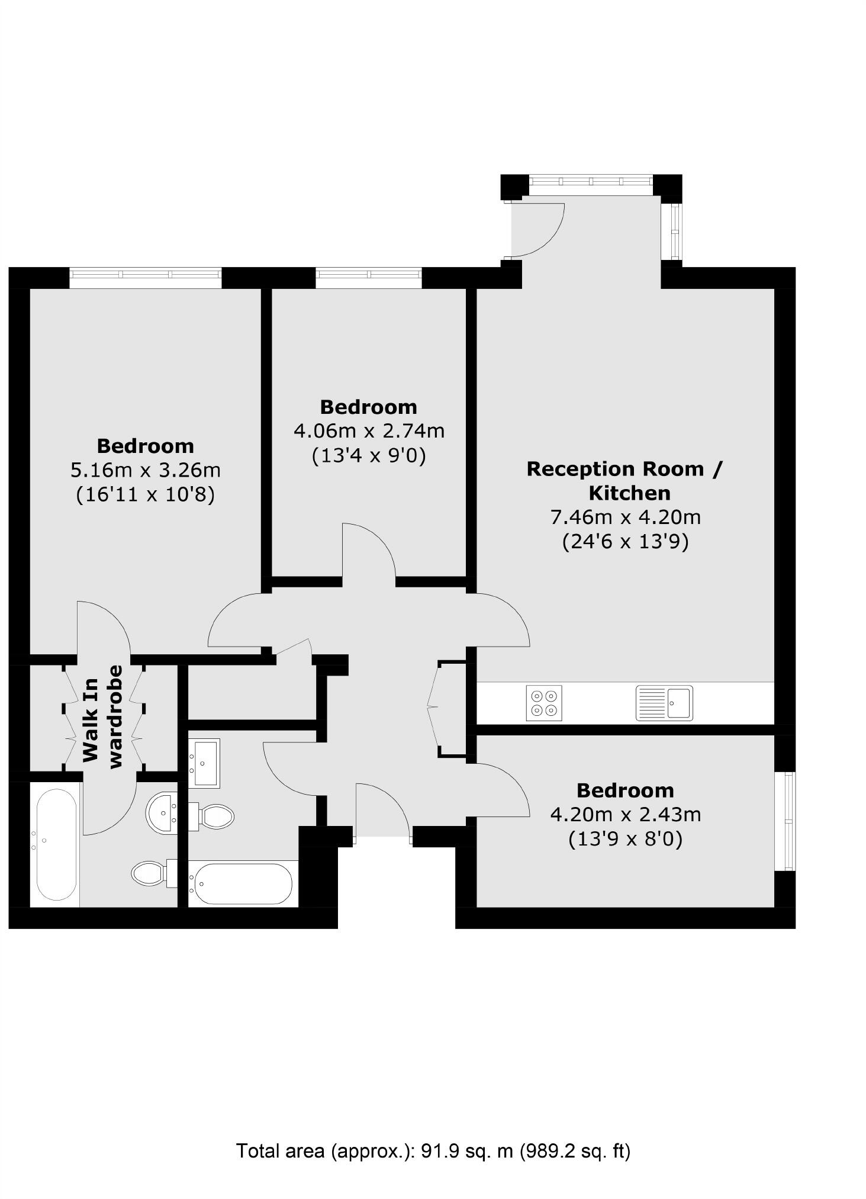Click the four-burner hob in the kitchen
(x=543, y=703)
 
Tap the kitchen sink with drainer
(x=664, y=703)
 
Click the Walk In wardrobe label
(x=102, y=717)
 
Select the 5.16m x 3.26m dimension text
(x=145, y=470)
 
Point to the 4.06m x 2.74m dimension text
(x=369, y=431)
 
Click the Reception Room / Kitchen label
(x=625, y=480)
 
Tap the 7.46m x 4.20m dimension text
(x=626, y=517)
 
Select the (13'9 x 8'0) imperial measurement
(x=625, y=839)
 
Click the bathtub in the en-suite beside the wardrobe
(x=56, y=845)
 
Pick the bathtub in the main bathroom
(x=241, y=883)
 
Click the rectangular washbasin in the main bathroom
(x=204, y=763)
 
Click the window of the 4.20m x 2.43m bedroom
(x=787, y=821)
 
